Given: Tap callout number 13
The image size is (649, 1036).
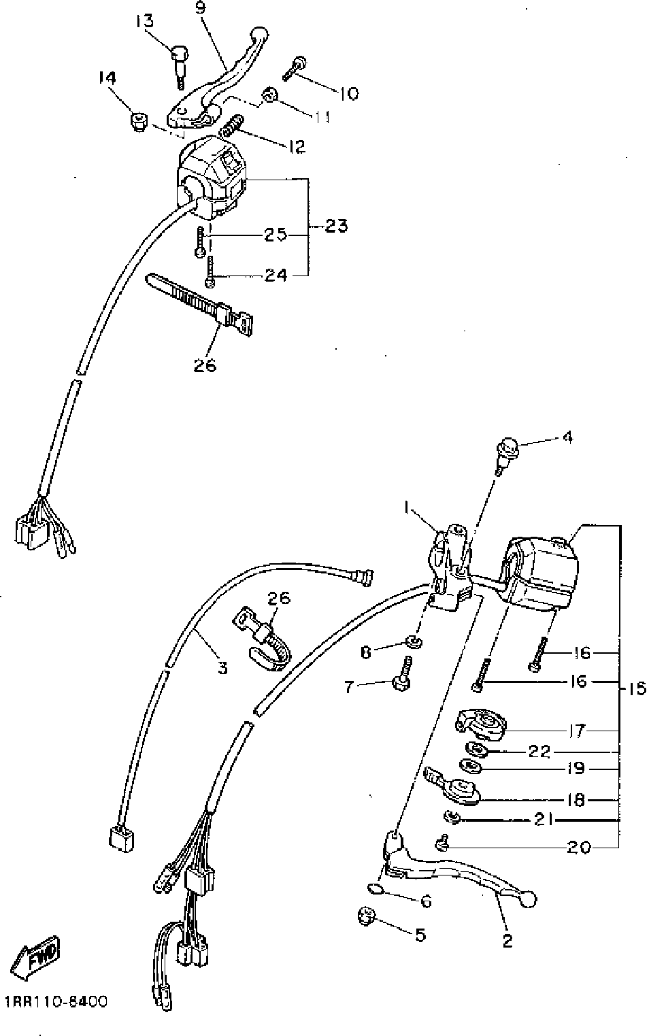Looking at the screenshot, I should [144, 21].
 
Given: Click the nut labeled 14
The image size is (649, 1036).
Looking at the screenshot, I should [139, 123].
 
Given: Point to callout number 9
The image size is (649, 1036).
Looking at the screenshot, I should [199, 8].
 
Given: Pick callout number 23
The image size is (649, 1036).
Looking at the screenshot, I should [336, 225].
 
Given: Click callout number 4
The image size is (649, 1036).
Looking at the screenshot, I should [566, 437].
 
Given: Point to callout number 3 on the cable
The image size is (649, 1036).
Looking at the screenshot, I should [222, 667].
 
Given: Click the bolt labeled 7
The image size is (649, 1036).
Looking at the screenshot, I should [401, 677].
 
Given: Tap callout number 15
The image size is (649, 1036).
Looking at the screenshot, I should [636, 689].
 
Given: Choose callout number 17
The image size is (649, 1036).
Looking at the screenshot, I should [576, 732].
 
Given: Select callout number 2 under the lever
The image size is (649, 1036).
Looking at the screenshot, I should [507, 940].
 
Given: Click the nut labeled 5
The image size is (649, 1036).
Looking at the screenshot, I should [367, 916].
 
